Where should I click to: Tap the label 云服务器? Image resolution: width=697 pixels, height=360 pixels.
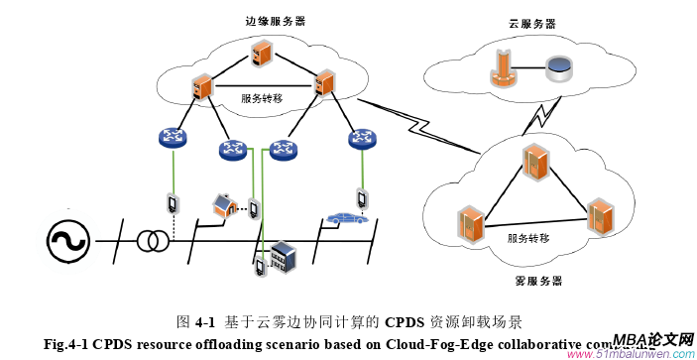click(x=531, y=23)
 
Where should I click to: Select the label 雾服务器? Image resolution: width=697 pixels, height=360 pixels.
click(x=540, y=281)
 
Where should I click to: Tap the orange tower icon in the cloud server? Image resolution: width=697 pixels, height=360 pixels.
click(x=502, y=67)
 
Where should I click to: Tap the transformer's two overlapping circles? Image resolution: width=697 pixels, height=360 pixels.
click(x=151, y=240)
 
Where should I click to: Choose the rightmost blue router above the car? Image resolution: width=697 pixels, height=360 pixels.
click(x=362, y=140)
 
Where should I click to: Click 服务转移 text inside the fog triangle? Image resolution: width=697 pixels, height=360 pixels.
click(x=527, y=238)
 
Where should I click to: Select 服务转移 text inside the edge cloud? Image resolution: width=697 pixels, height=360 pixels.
click(x=262, y=98)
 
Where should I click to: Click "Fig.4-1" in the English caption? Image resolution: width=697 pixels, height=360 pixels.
click(x=67, y=344)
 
